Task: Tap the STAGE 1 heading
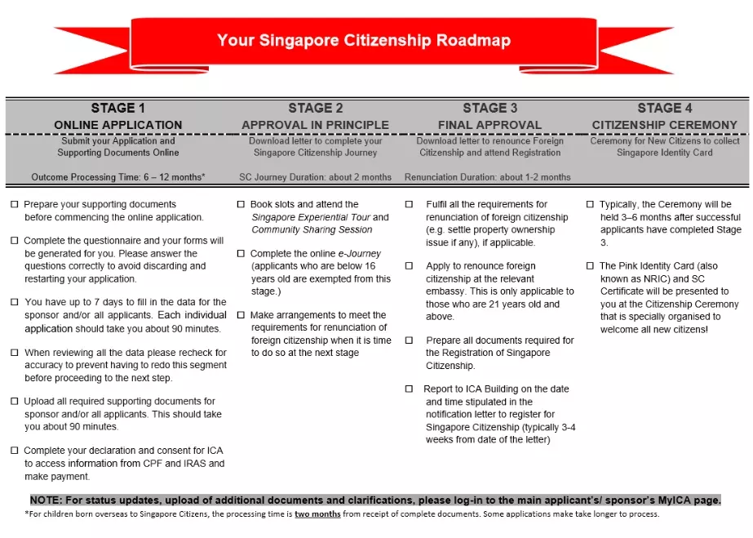118,108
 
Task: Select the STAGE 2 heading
315,108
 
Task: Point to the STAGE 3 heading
489,108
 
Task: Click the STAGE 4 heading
664,108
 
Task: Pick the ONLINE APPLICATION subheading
118,125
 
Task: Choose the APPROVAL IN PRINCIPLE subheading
315,125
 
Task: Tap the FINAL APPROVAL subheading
489,125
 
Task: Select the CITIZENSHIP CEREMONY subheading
664,125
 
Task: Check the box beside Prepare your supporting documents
14,204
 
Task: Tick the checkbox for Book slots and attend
241,204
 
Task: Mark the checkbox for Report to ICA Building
410,389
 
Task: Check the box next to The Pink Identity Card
590,266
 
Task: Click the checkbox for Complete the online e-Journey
241,254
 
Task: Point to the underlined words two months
314,514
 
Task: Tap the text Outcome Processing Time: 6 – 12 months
118,177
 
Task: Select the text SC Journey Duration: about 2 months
315,177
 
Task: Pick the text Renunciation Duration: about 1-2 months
487,177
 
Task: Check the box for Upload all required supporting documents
14,402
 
